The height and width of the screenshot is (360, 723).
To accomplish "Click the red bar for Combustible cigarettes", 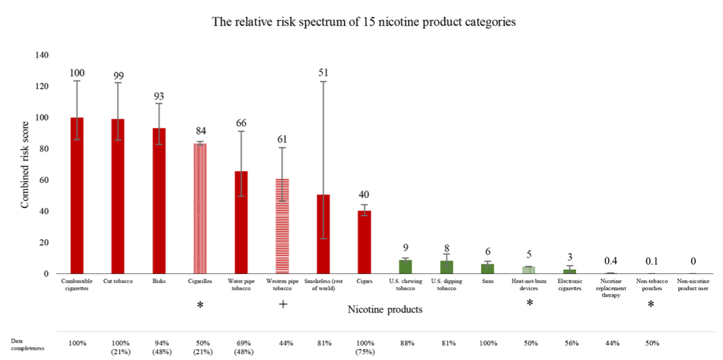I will (77, 196).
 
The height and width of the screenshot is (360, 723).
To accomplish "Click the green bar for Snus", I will (488, 269).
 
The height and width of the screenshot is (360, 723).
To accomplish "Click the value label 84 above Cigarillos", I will (200, 132).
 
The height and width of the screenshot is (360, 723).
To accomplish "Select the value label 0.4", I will (611, 261).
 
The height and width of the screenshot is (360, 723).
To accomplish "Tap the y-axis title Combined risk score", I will (26, 164).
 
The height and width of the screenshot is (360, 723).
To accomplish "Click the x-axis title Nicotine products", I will (385, 310).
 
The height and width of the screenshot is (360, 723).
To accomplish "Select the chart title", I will (364, 22).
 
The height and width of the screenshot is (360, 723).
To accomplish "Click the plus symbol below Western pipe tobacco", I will (282, 304).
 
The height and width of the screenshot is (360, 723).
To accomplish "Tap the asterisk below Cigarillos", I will (200, 305).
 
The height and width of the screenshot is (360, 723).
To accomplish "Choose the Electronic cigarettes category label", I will (570, 285).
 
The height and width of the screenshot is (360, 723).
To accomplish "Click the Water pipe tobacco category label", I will (241, 285).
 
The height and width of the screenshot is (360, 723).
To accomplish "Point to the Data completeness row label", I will (26, 343).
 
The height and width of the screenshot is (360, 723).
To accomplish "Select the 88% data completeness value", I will (406, 343).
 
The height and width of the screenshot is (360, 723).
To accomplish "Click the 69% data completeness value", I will (241, 343).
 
